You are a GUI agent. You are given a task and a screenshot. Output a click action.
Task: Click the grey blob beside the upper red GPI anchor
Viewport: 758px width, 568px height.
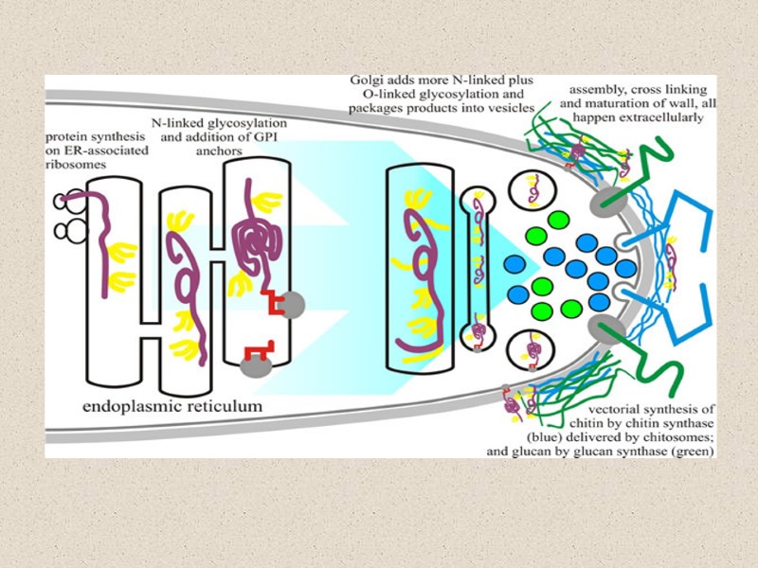[292, 304]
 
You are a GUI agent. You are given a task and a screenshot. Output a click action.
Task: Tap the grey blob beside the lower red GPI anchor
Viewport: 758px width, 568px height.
[254, 365]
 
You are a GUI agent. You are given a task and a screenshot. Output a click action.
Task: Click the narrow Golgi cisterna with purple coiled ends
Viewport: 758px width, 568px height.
[478, 268]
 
